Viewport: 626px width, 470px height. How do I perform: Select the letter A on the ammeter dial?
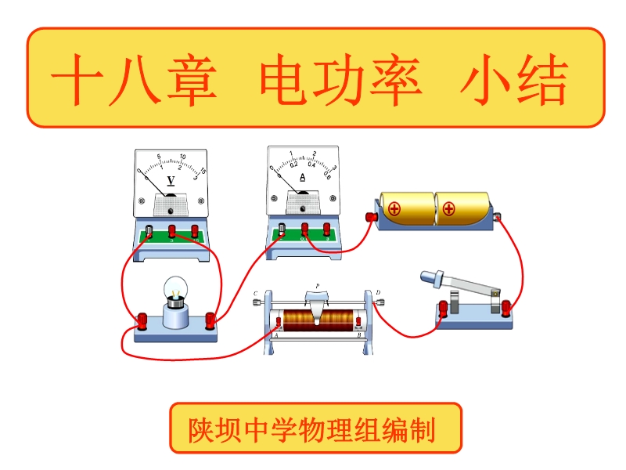(304, 177)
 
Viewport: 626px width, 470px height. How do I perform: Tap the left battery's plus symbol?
(394, 209)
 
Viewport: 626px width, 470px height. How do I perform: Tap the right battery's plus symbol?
(448, 208)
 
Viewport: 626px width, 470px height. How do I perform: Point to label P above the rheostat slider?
(318, 285)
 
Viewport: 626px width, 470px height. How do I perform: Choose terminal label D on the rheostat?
(378, 293)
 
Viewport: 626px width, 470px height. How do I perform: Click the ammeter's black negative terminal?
(282, 229)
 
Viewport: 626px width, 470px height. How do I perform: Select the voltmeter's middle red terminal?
(173, 230)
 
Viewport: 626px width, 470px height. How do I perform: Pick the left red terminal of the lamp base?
(143, 320)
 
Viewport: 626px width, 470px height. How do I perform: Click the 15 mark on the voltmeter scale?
(203, 171)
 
